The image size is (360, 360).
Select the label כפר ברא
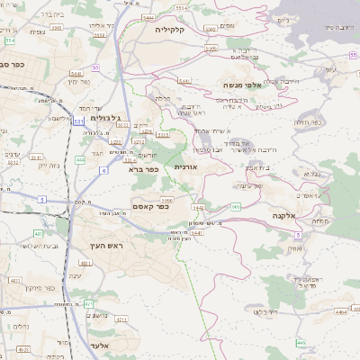pyautogui.click(x=143, y=168)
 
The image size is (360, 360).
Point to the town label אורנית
pyautogui.click(x=185, y=167)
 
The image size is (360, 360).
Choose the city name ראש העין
pyautogui.click(x=105, y=246)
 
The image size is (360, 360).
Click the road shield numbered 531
pyautogui.click(x=79, y=119)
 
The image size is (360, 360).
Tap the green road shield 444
pyautogui.click(x=80, y=159)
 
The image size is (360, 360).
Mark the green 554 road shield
pyautogui.click(x=9, y=40)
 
